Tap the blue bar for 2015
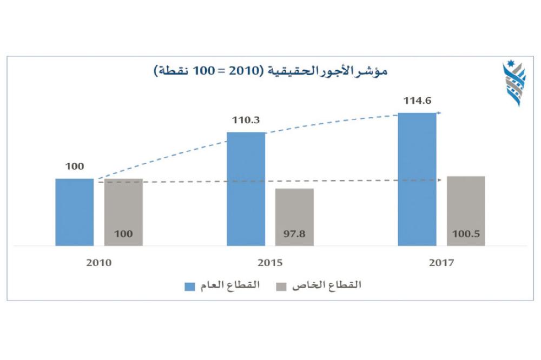[x=246, y=189]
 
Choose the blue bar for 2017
[x=417, y=179]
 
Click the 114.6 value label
[x=417, y=101]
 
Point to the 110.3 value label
[x=246, y=121]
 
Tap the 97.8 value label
[x=294, y=235]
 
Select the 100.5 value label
[x=466, y=235]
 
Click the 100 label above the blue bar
[x=75, y=166]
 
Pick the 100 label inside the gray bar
[x=123, y=235]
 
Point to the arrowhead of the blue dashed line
[x=440, y=113]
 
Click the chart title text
[x=270, y=71]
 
